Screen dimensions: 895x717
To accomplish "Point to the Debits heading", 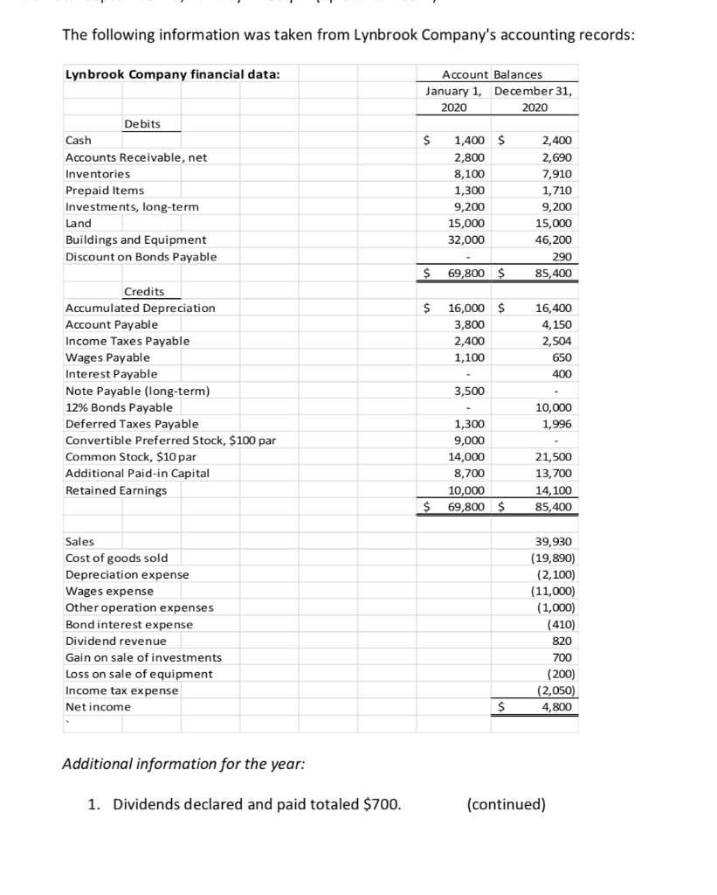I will click(x=142, y=124).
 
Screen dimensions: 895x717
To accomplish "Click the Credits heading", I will click(x=144, y=291).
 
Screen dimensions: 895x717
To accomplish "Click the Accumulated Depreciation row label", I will click(x=140, y=308).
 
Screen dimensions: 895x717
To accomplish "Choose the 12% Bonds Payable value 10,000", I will click(x=554, y=407).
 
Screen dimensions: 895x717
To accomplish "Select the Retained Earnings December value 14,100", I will click(x=554, y=490).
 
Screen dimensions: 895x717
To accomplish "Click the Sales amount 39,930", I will click(x=554, y=542).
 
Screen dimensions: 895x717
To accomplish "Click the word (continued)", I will click(x=507, y=804).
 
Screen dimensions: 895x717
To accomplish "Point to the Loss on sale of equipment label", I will click(x=139, y=674).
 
